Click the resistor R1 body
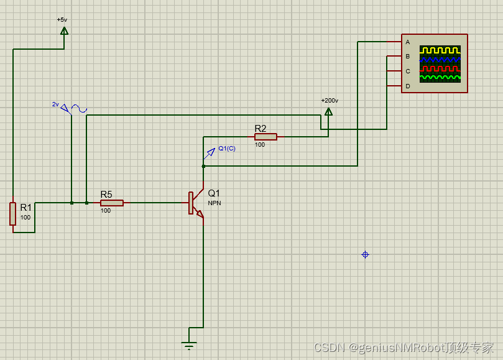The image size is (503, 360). (12, 213)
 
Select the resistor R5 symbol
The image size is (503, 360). (112, 203)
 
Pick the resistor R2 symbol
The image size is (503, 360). (265, 137)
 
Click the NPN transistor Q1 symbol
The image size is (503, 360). (196, 203)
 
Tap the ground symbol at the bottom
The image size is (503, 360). (189, 344)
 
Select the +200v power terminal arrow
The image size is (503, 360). (328, 111)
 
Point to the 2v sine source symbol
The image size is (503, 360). (78, 109)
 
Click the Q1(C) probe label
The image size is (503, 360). (226, 149)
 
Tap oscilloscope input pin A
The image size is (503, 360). (407, 42)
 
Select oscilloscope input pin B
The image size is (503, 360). (407, 57)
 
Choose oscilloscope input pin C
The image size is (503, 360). (407, 71)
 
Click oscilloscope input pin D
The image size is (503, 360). (407, 86)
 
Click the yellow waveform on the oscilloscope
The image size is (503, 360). (440, 50)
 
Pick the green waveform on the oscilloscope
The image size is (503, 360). (440, 78)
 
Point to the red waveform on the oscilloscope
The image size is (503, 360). (440, 68)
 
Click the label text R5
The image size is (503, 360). (106, 194)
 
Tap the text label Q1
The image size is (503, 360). (214, 193)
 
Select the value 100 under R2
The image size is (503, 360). (259, 145)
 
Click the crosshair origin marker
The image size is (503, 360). (365, 254)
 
